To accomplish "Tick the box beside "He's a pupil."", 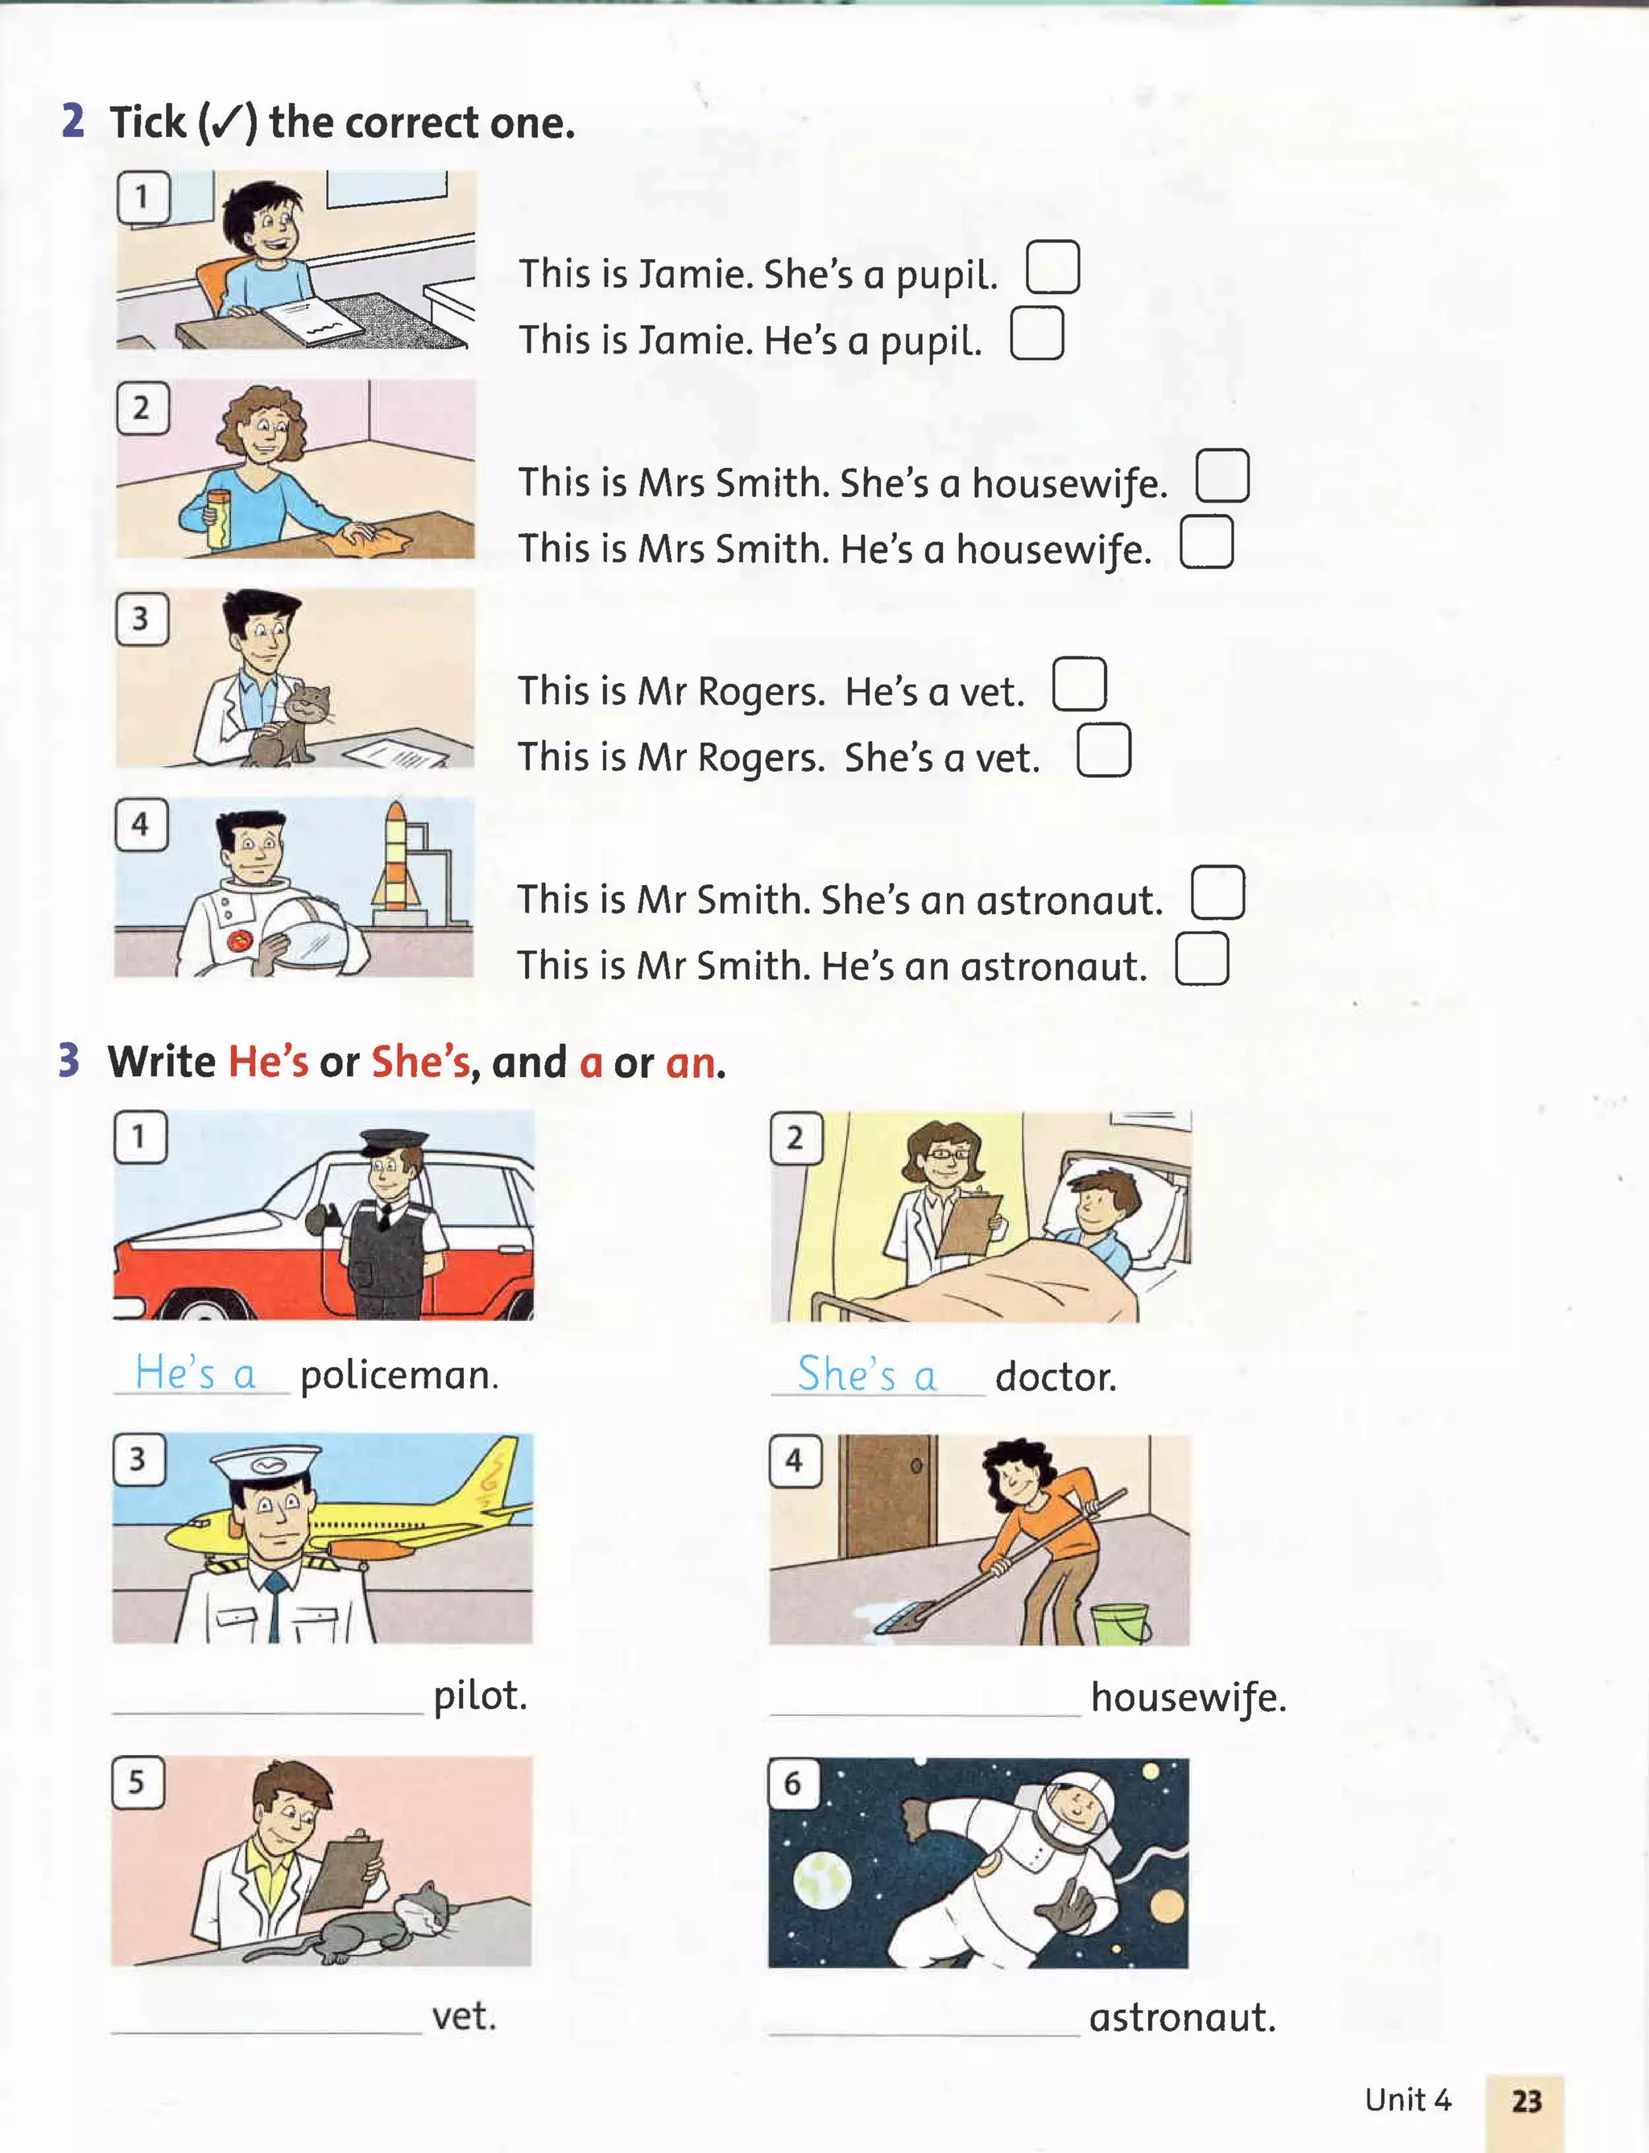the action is point(1036,333).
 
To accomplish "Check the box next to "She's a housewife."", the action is point(1222,476).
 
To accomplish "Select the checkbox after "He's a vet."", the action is point(1079,685).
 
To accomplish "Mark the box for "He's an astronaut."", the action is point(1201,958).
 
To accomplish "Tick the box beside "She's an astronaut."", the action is point(1217,892).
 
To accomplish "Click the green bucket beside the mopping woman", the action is point(1120,1624).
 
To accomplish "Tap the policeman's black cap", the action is point(395,1142).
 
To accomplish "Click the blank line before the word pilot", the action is point(268,1714).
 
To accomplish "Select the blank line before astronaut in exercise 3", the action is point(924,2036).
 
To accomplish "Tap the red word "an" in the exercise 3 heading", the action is point(691,1063).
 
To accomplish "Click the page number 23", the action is point(1527,2101).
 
